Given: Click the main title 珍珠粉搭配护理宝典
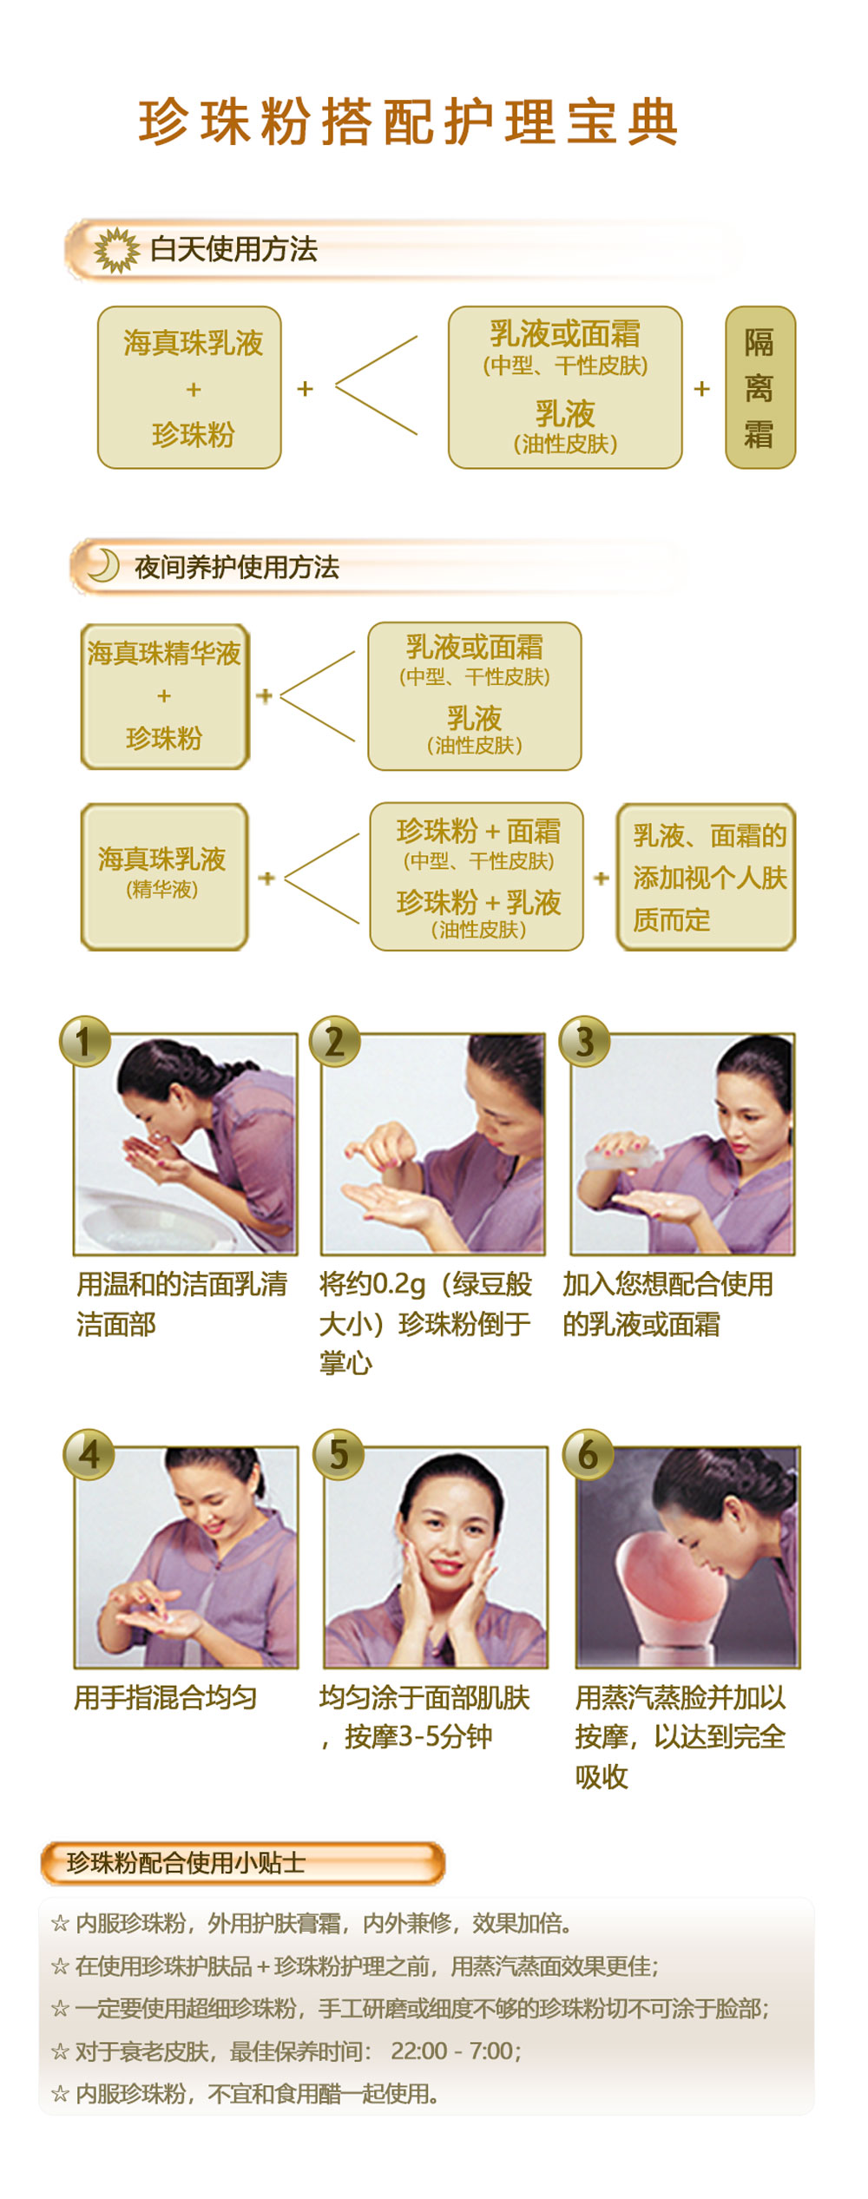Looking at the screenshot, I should point(408,122).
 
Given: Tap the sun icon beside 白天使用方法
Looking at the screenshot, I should point(116,250).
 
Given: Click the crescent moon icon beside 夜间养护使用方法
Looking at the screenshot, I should point(103,565).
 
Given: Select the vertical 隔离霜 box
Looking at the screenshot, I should point(759,387).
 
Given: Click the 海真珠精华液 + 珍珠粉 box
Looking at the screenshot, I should point(164,696).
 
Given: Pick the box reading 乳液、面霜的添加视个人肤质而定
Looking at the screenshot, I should point(706,877).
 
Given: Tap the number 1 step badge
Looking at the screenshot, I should point(84,1041).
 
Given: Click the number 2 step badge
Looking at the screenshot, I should point(335,1041).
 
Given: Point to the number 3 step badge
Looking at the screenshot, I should point(584,1041).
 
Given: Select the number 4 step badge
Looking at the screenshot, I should point(89,1453).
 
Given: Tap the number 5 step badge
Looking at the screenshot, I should point(339,1453).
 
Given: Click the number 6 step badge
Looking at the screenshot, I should point(588,1453).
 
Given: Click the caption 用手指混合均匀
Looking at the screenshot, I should point(165,1697).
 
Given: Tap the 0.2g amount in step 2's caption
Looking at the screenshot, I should point(398,1284).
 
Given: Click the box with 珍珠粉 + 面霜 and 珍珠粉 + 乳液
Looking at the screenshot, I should point(477,877).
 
